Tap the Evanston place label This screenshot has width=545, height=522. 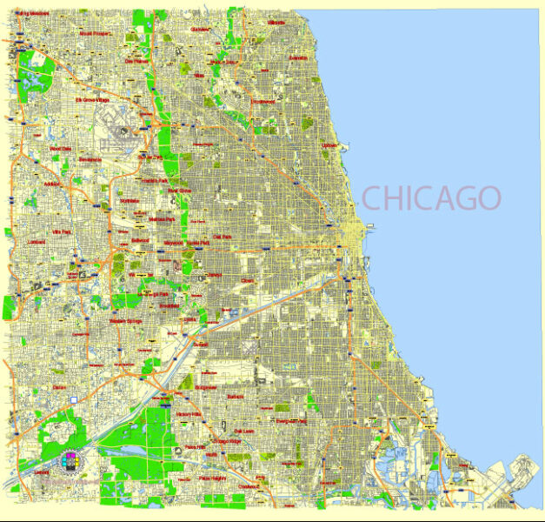297,57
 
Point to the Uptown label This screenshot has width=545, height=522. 329,145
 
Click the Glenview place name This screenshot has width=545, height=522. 200,29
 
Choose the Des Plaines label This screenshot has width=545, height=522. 136,62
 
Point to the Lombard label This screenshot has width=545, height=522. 36,243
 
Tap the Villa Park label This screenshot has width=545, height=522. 61,233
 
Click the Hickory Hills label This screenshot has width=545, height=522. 188,414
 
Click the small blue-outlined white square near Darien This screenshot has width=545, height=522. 74,399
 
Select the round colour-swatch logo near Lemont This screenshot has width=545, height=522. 70,458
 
